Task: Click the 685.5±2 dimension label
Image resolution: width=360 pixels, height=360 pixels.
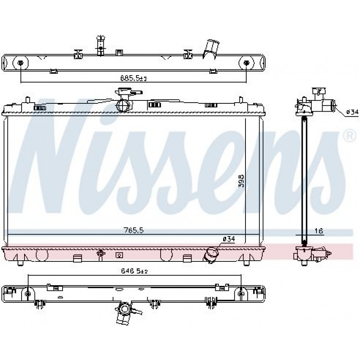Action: (134, 78)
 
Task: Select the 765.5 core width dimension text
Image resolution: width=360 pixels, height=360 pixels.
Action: (134, 230)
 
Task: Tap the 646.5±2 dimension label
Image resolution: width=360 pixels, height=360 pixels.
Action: (134, 271)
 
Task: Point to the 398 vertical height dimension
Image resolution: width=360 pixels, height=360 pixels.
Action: (241, 181)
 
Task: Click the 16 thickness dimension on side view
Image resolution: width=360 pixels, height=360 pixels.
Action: (319, 231)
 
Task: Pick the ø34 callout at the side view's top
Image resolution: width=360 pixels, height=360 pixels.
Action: (352, 112)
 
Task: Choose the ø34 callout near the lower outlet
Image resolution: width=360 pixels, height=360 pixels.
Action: (229, 239)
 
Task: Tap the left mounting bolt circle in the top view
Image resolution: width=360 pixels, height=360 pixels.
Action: (21, 63)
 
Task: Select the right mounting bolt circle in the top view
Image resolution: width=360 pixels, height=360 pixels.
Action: (247, 63)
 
